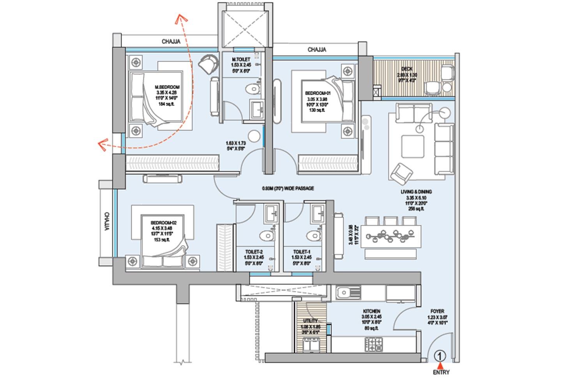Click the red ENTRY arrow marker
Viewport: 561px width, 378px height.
(440, 365)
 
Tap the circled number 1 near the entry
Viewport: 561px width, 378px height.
(440, 355)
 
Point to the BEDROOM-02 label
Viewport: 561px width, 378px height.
(164, 223)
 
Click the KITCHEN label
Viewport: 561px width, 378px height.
(371, 311)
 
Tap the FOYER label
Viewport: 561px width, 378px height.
(438, 311)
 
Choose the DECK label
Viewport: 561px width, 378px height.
(407, 69)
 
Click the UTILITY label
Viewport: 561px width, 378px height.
(311, 321)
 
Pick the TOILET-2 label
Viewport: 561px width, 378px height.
(253, 252)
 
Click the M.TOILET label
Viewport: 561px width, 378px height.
(240, 60)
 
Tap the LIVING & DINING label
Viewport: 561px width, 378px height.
(416, 192)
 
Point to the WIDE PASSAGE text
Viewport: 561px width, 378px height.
(288, 188)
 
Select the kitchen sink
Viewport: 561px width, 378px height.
(344, 292)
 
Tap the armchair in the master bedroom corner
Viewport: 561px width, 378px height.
(209, 63)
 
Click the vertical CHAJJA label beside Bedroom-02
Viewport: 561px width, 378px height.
(106, 221)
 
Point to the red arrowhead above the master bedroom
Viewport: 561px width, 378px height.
(180, 18)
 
